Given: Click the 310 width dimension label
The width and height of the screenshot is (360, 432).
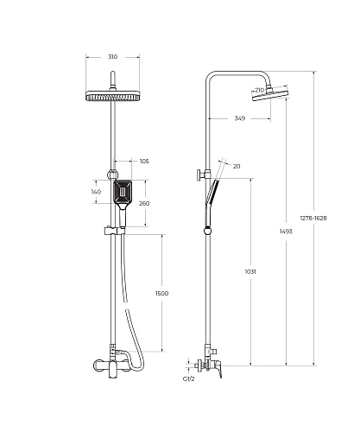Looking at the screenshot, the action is (113, 57).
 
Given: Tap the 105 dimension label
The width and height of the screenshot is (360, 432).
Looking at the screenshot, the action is (144, 162).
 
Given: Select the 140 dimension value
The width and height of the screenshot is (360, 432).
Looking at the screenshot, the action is (96, 192).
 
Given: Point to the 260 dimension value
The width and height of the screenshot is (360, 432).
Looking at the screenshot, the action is (144, 204).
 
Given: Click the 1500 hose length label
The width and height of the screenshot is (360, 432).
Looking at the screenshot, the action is (162, 294).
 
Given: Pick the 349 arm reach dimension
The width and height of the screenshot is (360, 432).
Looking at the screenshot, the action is (240, 118).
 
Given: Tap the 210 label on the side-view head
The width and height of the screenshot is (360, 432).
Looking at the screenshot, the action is (259, 90).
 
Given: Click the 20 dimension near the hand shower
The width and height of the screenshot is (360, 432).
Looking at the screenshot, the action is (237, 167).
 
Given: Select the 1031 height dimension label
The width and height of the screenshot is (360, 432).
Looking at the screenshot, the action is (250, 271).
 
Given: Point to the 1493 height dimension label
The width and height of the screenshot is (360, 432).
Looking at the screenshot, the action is (286, 232).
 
